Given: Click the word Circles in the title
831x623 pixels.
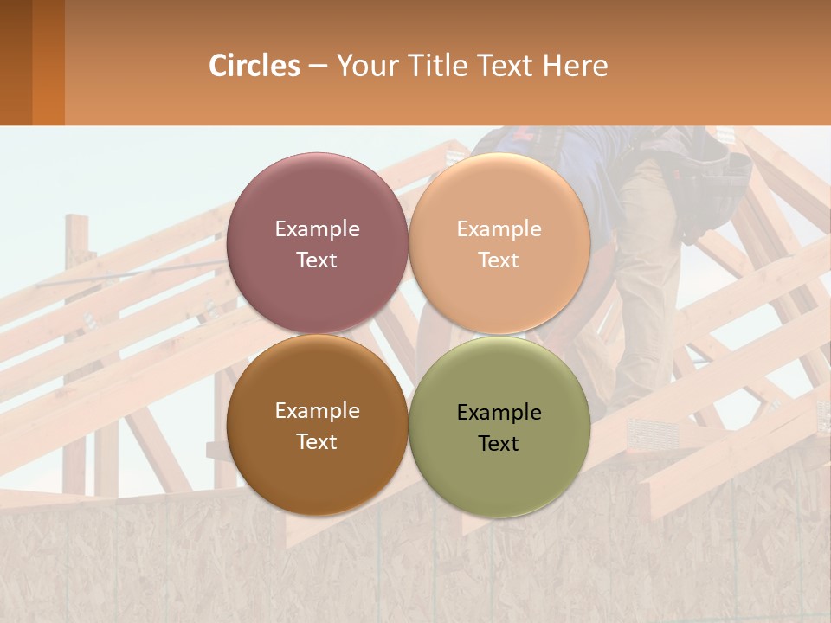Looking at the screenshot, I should pos(254,66).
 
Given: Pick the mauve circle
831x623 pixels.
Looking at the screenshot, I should pos(317,199).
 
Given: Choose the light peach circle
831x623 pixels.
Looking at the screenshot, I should pos(499,199).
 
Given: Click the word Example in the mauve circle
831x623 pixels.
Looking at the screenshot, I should pos(317,229).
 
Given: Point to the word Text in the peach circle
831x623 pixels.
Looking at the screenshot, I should pos(499,260).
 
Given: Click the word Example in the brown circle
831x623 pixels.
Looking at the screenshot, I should pos(317,411).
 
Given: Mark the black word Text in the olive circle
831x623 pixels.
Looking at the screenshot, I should pos(499,444).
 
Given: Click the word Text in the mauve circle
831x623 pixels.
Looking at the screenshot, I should pos(317,260).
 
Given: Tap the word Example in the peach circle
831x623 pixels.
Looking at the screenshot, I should pos(499,229).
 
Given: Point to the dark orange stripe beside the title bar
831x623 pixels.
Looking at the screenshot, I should pos(48,62).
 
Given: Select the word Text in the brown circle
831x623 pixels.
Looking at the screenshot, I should pos(317,442).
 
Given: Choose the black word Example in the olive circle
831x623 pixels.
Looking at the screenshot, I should pos(499,413).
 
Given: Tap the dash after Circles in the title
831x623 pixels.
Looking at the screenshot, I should pos(318,67).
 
